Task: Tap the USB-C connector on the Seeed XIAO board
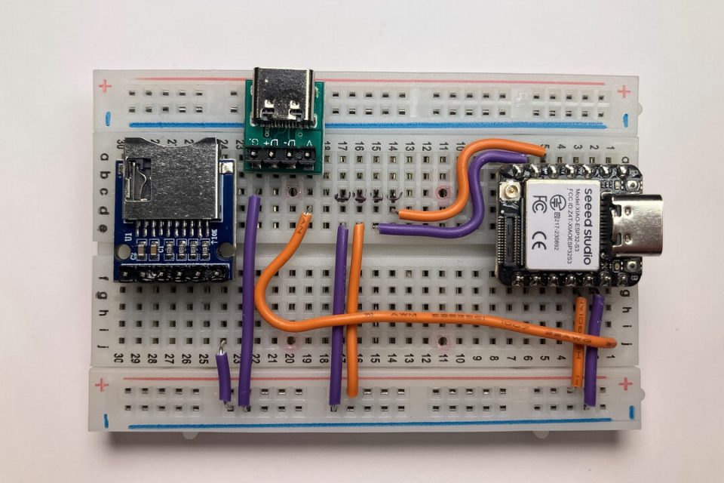637,224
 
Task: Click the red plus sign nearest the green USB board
105,86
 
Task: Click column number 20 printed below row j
289,358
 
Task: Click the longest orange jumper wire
422,321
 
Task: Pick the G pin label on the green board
256,142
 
